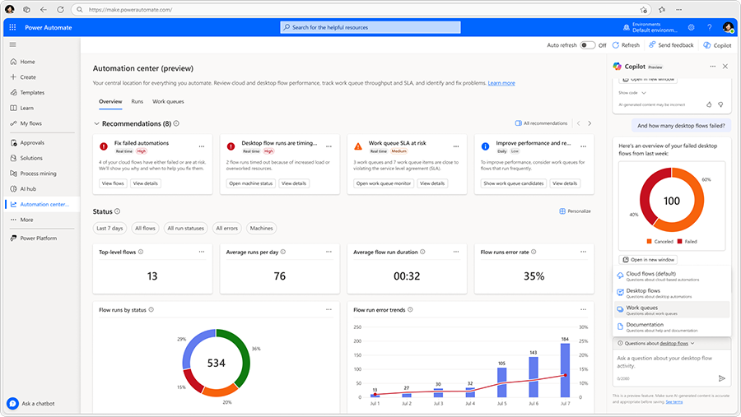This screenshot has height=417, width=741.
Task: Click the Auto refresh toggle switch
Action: coord(588,45)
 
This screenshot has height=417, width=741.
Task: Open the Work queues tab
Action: coord(168,101)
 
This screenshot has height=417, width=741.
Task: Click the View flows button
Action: coord(113,183)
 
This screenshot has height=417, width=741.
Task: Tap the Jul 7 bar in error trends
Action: coord(565,369)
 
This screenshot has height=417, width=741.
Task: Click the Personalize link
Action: coord(575,211)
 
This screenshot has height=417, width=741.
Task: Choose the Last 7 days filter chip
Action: coord(110,228)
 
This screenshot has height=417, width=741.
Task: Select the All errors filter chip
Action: coord(226,228)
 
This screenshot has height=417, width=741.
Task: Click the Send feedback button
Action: coord(671,45)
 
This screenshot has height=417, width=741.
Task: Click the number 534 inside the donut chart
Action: coord(217,363)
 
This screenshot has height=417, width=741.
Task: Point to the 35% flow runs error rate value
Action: coord(534,276)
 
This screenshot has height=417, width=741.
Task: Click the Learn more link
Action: coord(501,83)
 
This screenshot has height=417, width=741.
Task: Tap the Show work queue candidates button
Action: coord(514,183)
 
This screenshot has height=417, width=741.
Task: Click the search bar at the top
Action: coord(370,27)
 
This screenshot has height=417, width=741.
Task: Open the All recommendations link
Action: coord(541,123)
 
